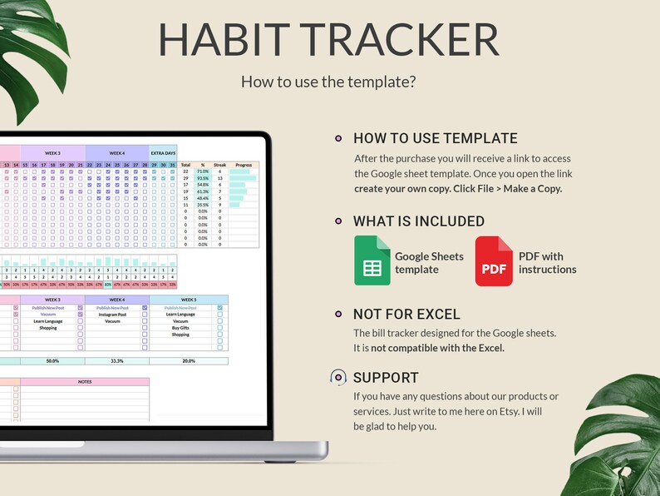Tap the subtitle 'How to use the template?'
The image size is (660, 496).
pos(328,82)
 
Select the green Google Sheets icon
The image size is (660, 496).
pos(372,260)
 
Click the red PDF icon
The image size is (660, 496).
pos(494,260)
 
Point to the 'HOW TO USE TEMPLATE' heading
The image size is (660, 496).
pos(435,139)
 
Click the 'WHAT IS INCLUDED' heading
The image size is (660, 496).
pos(419,221)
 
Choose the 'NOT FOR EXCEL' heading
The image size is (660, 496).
pos(406,315)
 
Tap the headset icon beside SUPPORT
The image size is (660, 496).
pos(338,377)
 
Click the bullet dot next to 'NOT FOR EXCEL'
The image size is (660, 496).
pos(338,315)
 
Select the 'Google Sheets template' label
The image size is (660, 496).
pos(429,262)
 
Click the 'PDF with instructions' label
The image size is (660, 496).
pos(547,262)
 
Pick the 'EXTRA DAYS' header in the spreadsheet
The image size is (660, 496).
pos(163,153)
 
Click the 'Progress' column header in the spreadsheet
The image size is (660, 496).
pos(244,165)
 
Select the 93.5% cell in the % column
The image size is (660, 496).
pos(203,178)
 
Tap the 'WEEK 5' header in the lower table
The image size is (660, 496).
pos(189,300)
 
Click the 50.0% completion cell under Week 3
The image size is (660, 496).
pos(52,361)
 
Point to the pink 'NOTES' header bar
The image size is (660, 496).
pos(85,382)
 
